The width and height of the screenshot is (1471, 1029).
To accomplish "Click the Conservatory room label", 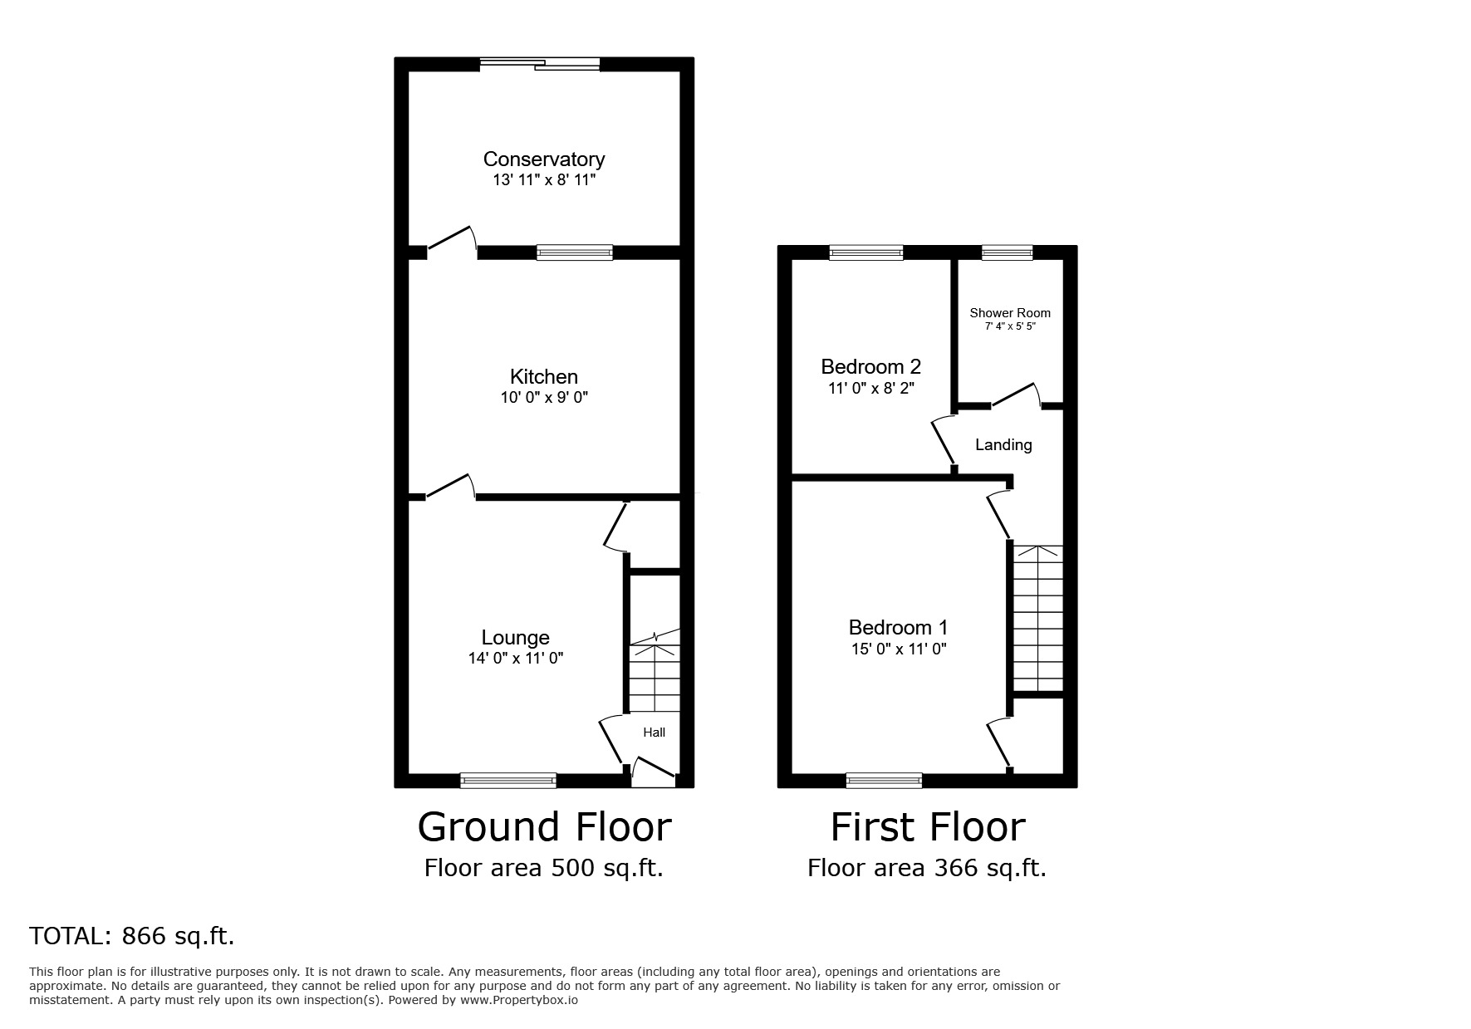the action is click(x=544, y=159).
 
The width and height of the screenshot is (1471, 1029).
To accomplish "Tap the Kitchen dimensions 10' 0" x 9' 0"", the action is click(x=544, y=398).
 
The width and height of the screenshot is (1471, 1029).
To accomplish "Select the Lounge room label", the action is click(x=516, y=638).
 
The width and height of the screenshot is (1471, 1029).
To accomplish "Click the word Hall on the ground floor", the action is click(x=655, y=733).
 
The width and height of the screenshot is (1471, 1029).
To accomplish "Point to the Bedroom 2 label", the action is click(x=871, y=366).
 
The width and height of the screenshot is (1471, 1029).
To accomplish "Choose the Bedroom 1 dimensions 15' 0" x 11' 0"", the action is click(x=898, y=649).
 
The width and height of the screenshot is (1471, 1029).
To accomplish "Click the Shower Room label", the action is click(x=1010, y=313).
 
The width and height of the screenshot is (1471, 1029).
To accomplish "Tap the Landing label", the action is click(x=1003, y=445).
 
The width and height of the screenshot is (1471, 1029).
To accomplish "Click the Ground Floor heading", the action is click(x=544, y=827).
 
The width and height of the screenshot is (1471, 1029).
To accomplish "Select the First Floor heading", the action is click(x=928, y=827).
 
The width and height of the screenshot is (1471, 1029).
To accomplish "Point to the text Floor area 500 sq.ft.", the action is click(x=544, y=868).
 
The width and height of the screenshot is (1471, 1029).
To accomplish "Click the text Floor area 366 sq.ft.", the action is click(x=927, y=868).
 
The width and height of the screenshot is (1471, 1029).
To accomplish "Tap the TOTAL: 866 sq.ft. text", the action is click(x=132, y=936).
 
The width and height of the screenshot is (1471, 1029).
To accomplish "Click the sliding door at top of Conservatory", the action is click(x=540, y=63).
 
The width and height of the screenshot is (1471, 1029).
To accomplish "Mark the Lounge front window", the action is click(x=508, y=780).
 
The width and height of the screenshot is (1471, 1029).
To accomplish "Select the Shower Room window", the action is click(x=1008, y=252).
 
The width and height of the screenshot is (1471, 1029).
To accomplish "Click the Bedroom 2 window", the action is click(x=866, y=252).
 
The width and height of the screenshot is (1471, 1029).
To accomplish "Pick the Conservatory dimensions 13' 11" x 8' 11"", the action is click(x=544, y=180).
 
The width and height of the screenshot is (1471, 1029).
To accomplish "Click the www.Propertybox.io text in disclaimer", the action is click(x=518, y=1001).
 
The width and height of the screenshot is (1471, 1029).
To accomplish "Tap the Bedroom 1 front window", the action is click(x=884, y=780).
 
